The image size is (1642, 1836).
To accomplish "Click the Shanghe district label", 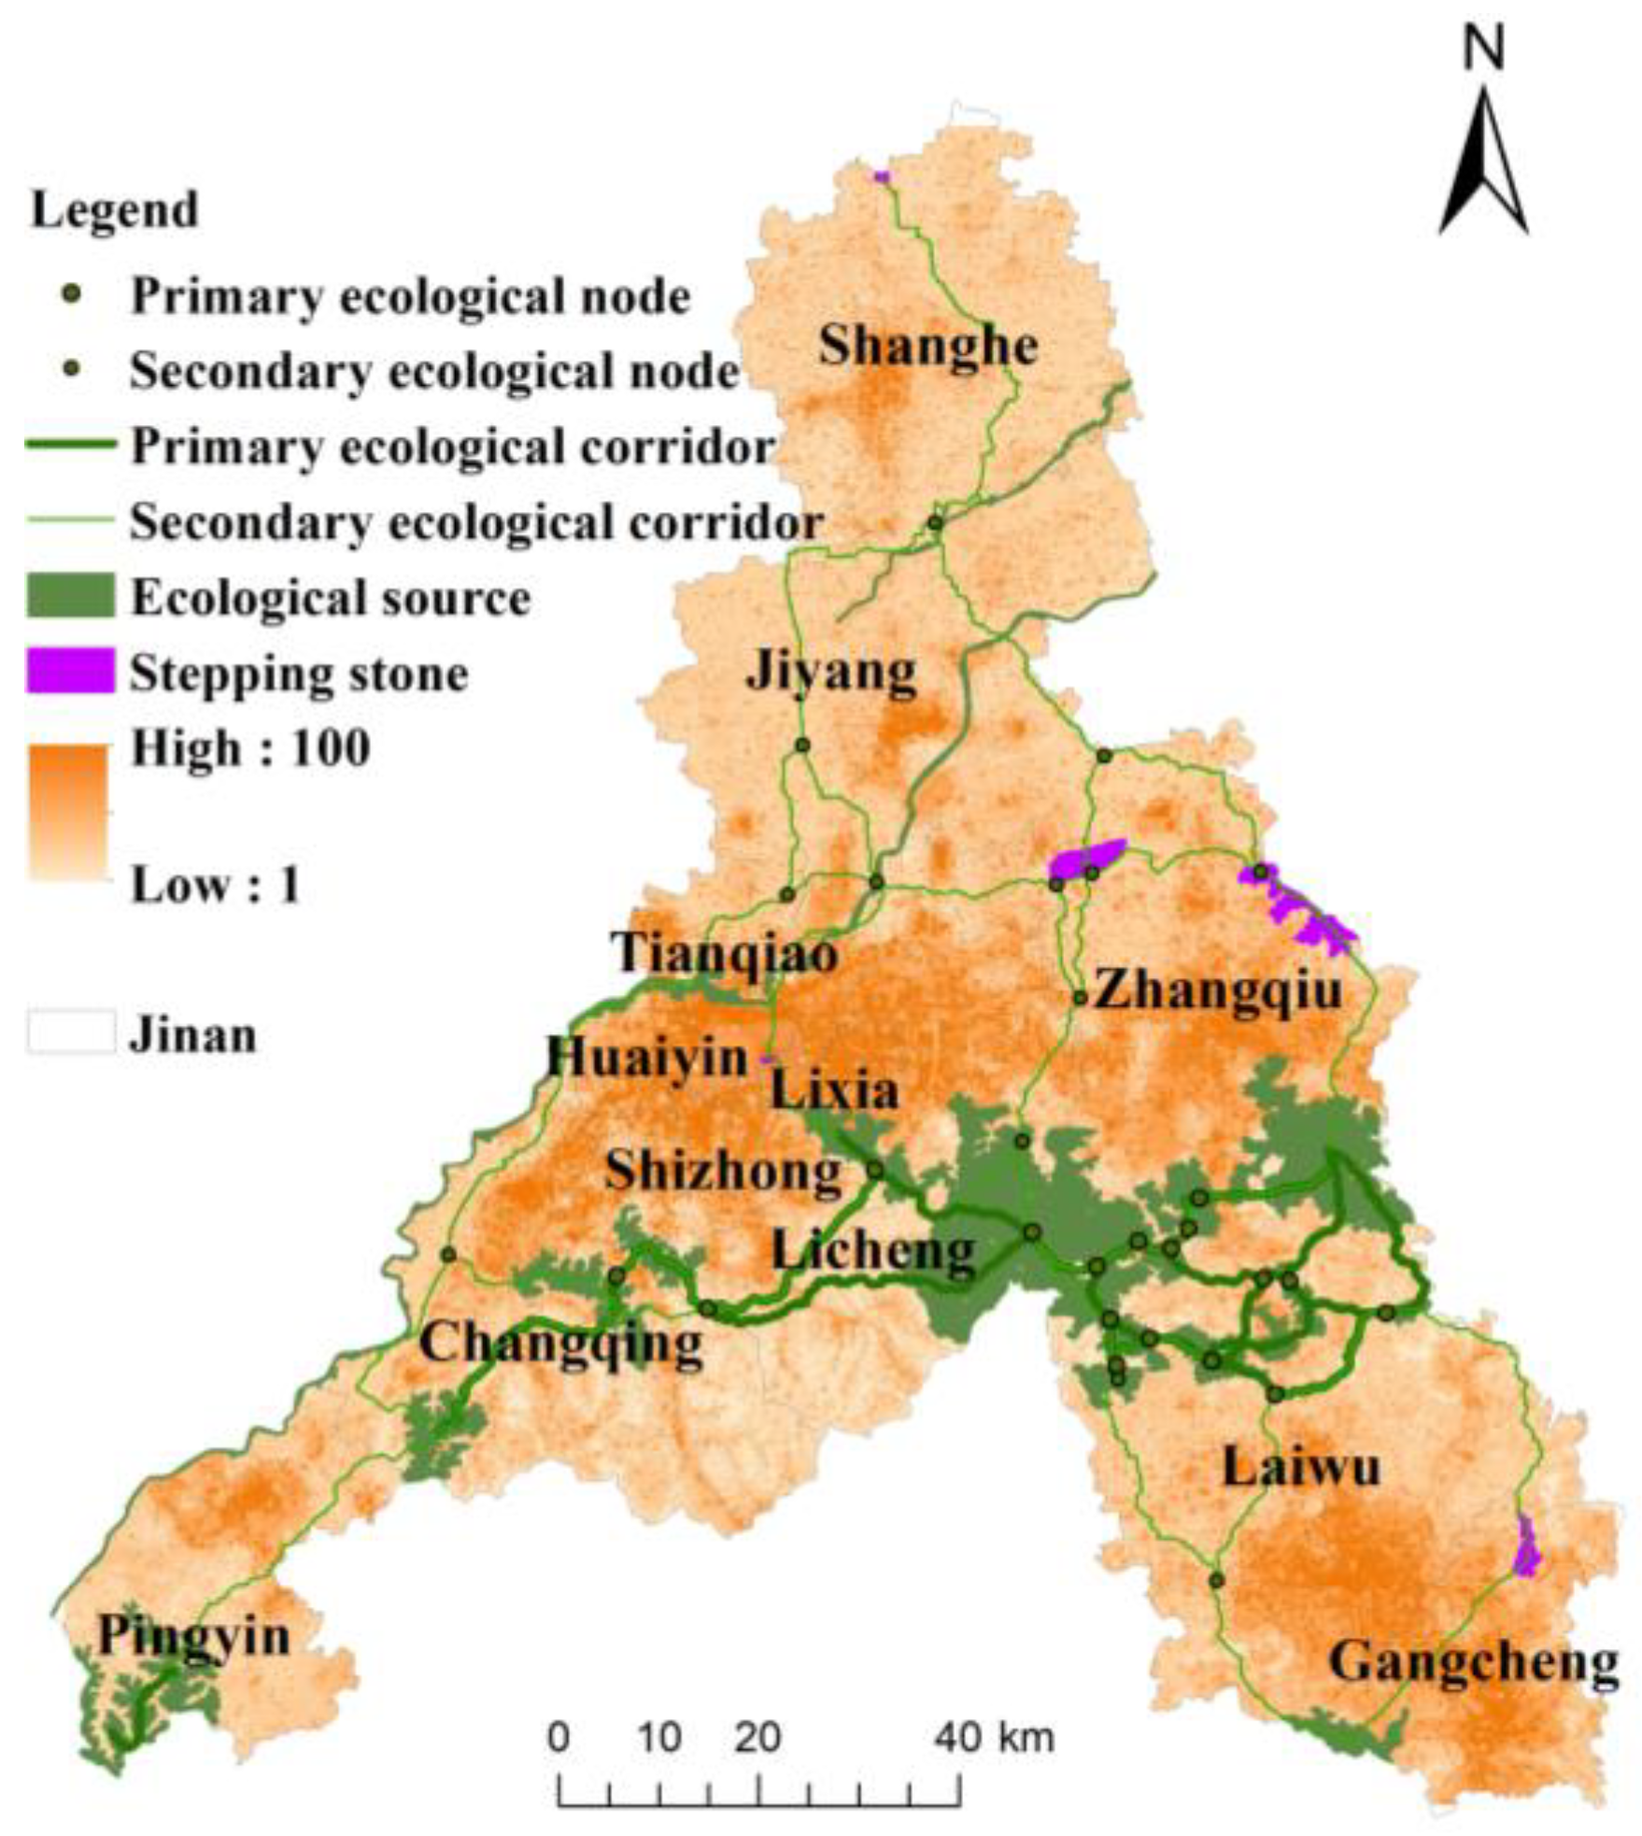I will pos(928,347).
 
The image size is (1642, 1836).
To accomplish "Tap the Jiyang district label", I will pos(831,671).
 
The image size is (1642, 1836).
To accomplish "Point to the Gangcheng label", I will pos(1473,1662).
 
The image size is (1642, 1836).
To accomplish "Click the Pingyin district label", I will pos(194,1636).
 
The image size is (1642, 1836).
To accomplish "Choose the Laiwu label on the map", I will pos(1301,1467).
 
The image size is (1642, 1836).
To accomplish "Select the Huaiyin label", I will pos(647,1059).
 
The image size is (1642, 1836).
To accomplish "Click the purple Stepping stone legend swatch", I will pos(70,671).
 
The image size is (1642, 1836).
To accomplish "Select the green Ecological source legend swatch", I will pos(70,596).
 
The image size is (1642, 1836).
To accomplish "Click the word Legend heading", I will pos(115,210).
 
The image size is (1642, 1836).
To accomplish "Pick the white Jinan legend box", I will pos(70,1032).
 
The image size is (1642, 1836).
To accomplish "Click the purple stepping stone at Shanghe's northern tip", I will pos(881,176).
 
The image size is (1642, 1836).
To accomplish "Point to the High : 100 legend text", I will pos(250,747).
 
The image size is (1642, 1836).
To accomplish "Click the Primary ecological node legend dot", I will pos(77,295).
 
